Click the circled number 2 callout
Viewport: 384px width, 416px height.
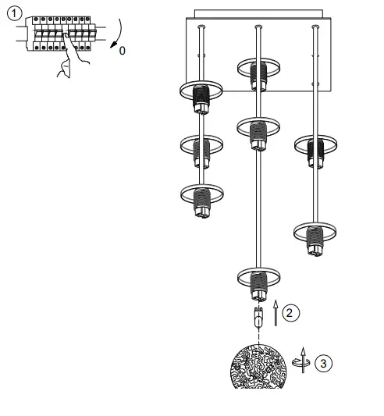(289, 313)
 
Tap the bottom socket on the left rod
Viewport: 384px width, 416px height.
(201, 199)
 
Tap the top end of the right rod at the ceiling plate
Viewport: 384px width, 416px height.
(315, 28)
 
